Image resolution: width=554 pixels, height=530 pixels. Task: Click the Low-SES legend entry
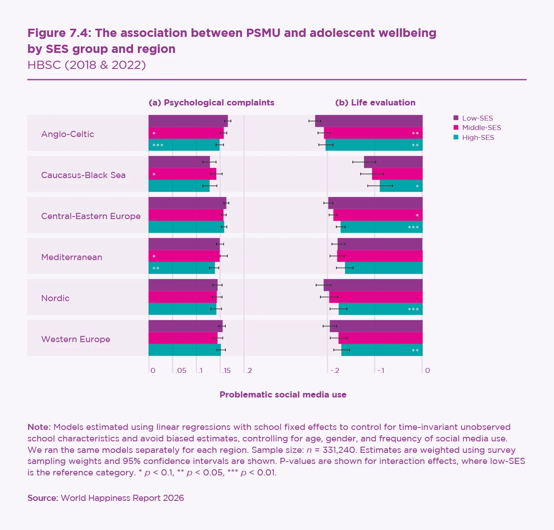[x=477, y=118]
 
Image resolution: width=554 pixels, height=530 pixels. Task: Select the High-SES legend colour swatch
[x=456, y=137]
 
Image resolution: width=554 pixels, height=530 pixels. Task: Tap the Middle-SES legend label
[x=481, y=128]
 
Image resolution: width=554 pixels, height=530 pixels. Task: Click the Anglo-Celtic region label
[x=68, y=134]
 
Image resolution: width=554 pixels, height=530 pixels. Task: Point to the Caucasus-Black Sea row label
[x=83, y=175]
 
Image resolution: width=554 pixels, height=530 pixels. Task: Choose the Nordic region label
[x=55, y=298]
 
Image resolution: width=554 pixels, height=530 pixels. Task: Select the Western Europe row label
[x=76, y=339]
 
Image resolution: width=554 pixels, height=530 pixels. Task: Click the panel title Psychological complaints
[x=211, y=103]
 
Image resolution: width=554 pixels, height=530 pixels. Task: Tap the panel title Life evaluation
[x=375, y=103]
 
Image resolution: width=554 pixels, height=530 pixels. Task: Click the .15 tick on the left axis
[x=226, y=370]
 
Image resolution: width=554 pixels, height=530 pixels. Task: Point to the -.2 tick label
[x=334, y=370]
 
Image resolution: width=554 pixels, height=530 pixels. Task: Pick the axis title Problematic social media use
[x=283, y=395]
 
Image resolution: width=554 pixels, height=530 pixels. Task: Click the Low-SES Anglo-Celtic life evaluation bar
[x=369, y=121]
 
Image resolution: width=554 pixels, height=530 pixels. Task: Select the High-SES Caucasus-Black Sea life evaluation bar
[x=401, y=186]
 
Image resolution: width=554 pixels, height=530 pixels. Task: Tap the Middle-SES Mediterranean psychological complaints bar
[x=184, y=256]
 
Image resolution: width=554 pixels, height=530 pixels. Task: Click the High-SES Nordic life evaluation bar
[x=380, y=309]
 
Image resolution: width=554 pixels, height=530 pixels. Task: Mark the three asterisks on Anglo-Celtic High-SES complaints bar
[x=158, y=146]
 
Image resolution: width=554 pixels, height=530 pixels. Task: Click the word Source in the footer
[x=42, y=498]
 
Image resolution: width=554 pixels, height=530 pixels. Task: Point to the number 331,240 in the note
[x=339, y=450]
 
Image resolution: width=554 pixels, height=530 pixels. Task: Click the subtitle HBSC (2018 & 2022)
[x=87, y=65]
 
